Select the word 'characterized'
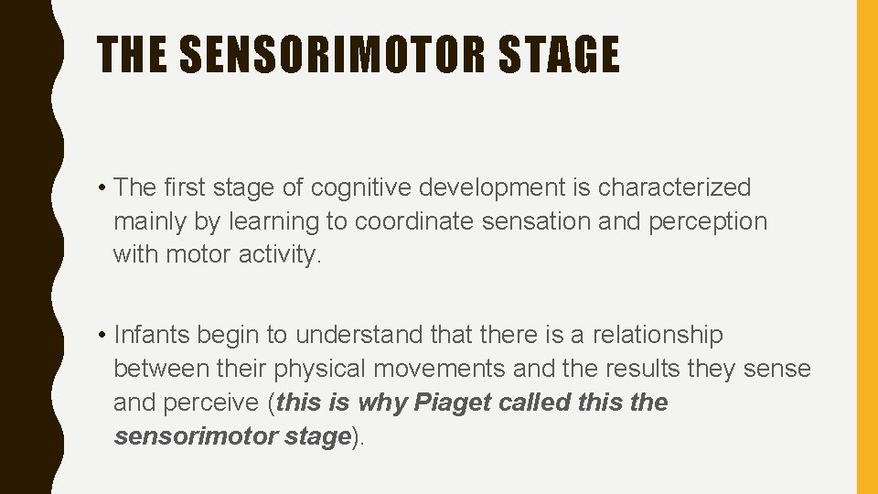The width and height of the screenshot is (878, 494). (x=674, y=188)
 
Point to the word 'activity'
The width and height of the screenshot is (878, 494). (x=280, y=254)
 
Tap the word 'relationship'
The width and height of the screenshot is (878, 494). (x=657, y=336)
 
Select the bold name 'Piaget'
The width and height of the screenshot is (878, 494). (x=453, y=403)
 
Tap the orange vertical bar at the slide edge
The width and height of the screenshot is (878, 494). (x=866, y=247)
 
